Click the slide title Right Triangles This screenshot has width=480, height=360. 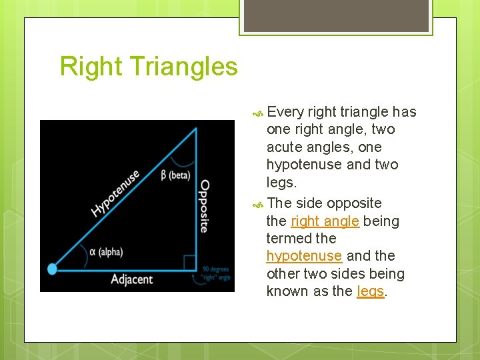point(148,67)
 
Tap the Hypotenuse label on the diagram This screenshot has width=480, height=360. point(116,193)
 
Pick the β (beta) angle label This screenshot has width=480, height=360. point(175,175)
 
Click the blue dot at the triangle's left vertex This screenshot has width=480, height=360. point(53,269)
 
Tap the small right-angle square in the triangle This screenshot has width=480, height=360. point(190,262)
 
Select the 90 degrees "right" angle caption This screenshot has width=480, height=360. point(216,273)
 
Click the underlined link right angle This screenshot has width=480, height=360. point(325,221)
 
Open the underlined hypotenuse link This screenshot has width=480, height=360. point(304,256)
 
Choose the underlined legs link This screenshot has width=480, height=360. point(371,291)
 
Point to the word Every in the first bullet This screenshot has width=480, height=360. point(285,112)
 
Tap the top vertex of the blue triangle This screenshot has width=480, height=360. point(196,129)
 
